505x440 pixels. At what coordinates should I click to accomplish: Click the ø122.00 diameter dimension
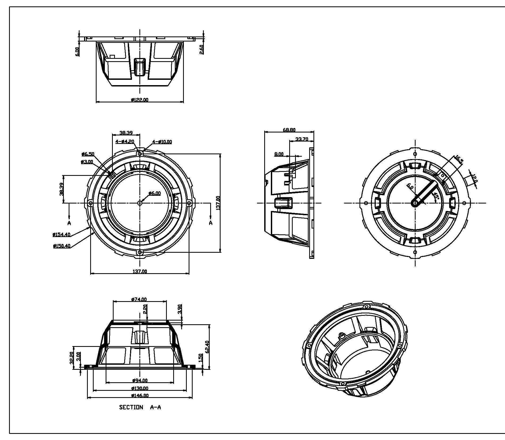click(140, 100)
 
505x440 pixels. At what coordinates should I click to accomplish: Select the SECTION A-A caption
click(140, 407)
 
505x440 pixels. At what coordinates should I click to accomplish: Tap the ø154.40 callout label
click(61, 234)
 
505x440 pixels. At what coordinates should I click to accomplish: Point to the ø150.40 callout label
click(62, 246)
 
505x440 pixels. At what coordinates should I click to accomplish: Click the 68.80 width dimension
click(289, 130)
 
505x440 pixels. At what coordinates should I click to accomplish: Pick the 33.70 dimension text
click(302, 139)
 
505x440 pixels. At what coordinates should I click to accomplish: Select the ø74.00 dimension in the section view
click(139, 299)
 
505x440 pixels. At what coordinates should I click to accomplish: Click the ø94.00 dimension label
click(140, 381)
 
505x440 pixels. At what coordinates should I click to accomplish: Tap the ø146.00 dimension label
click(140, 396)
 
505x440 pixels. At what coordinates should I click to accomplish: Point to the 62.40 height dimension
click(208, 347)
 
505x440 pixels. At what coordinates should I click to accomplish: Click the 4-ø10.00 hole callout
click(162, 142)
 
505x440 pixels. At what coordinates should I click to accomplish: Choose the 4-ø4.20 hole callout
click(125, 142)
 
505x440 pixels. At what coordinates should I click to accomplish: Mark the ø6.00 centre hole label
click(155, 193)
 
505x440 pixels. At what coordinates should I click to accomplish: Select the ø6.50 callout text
click(88, 154)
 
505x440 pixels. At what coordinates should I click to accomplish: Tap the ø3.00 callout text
click(87, 162)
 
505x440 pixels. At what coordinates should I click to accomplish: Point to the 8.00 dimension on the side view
click(279, 154)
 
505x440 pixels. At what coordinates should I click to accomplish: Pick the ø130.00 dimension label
click(140, 388)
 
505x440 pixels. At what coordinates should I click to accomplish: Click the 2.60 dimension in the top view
click(201, 49)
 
